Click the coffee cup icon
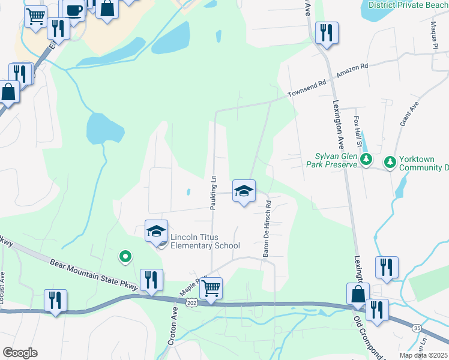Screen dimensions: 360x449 (x=74, y=10)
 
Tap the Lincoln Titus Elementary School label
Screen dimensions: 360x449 (x=205, y=241)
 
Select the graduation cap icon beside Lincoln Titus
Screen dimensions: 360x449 (x=156, y=231)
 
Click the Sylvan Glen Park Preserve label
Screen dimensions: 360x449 (x=332, y=160)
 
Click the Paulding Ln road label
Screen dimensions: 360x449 (x=212, y=192)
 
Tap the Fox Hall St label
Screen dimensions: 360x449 (x=358, y=131)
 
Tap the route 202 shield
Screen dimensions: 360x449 (x=191, y=304)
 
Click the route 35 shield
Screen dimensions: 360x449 (x=416, y=328)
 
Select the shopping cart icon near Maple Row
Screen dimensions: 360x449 (x=211, y=289)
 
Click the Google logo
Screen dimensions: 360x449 (x=20, y=353)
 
